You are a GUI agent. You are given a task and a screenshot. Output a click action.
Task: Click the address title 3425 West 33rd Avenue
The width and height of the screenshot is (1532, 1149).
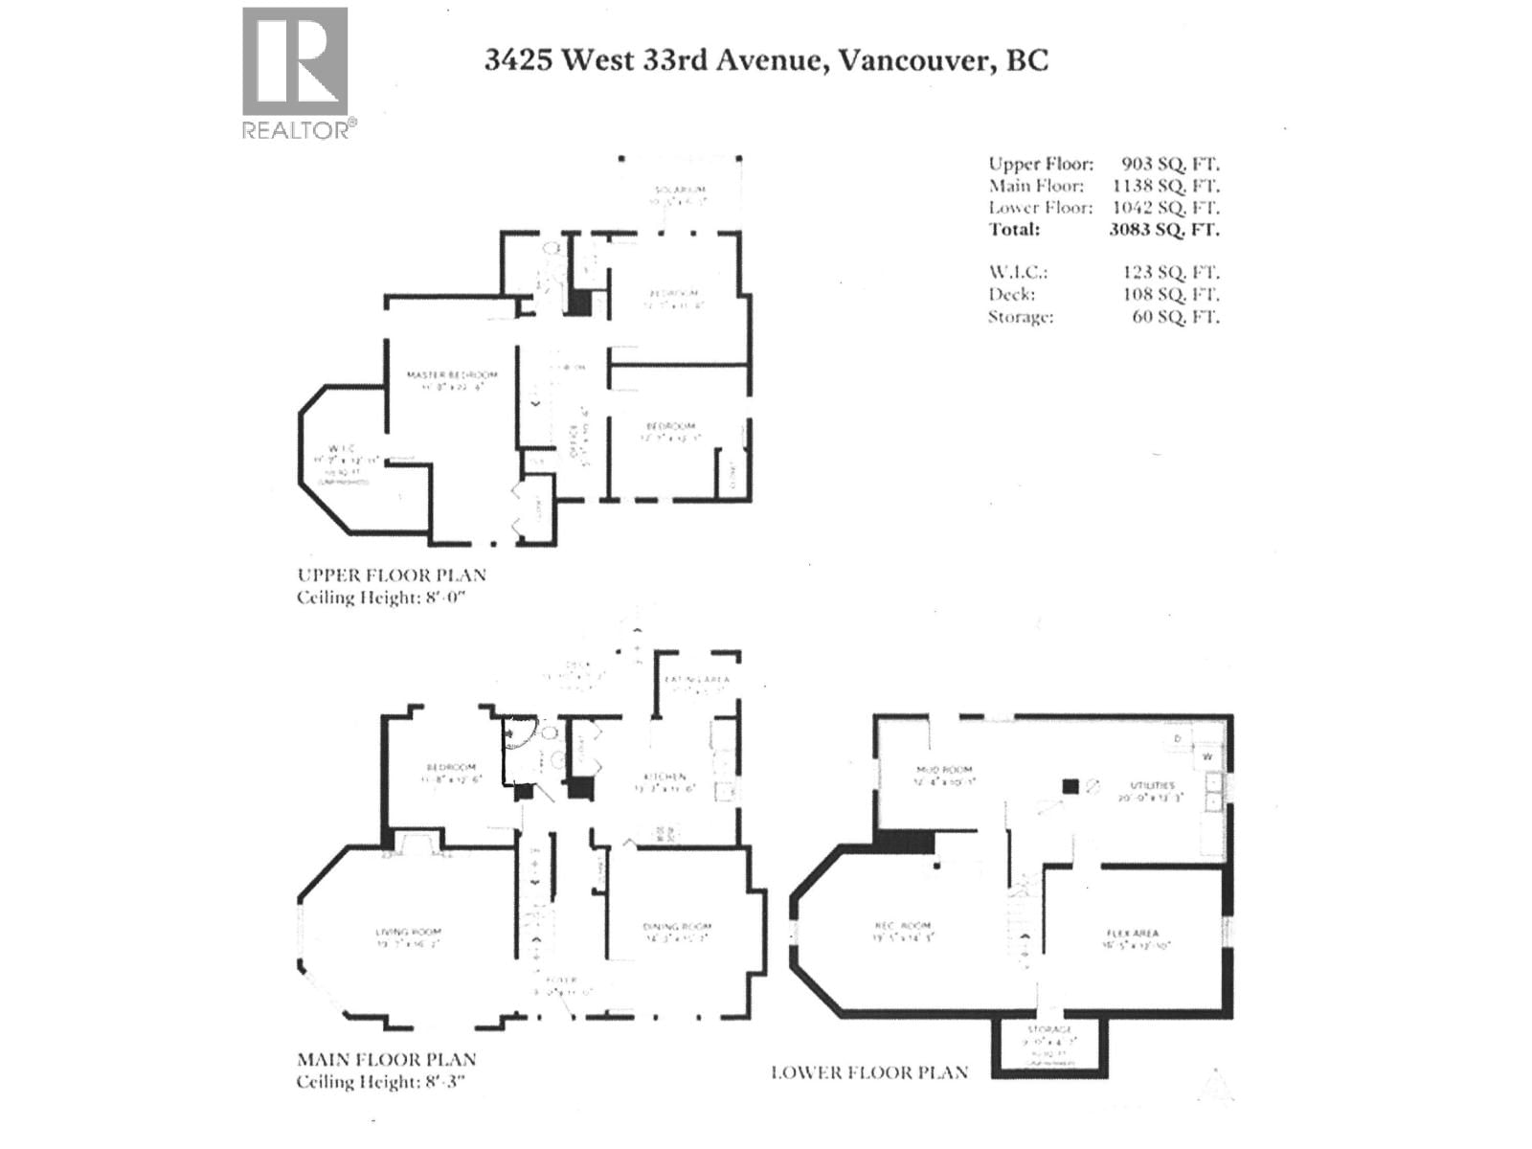765,60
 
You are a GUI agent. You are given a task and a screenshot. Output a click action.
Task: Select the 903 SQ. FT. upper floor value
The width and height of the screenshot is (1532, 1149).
1170,164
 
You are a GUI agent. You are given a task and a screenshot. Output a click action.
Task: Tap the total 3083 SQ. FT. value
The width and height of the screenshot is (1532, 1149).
1163,229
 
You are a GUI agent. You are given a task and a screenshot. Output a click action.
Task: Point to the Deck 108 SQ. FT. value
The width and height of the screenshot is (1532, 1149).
1170,294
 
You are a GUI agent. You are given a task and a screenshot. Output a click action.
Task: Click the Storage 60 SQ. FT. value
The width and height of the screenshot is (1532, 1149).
1175,316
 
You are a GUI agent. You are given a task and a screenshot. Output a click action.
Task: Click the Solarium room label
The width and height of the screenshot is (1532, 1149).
680,190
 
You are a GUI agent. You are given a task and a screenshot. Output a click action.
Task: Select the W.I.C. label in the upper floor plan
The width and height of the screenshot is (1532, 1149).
341,448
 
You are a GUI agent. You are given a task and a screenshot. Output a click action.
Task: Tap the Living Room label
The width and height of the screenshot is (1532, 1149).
408,932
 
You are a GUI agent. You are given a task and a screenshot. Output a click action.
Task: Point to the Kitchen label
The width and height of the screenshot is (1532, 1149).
664,777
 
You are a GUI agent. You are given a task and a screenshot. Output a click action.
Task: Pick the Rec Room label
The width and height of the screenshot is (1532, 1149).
902,926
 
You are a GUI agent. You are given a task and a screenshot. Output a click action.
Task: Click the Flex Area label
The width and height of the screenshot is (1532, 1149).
1132,933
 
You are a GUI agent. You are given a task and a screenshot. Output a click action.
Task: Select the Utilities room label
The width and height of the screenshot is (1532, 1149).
1151,785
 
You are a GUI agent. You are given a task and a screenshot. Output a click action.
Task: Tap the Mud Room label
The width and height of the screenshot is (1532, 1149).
943,770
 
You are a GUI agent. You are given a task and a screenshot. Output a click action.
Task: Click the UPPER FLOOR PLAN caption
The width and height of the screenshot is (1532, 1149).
392,575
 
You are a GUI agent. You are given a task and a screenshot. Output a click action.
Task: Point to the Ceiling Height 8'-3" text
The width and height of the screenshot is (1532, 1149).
384,1082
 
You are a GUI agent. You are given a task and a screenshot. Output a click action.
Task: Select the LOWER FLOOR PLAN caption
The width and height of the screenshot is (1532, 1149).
868,1072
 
